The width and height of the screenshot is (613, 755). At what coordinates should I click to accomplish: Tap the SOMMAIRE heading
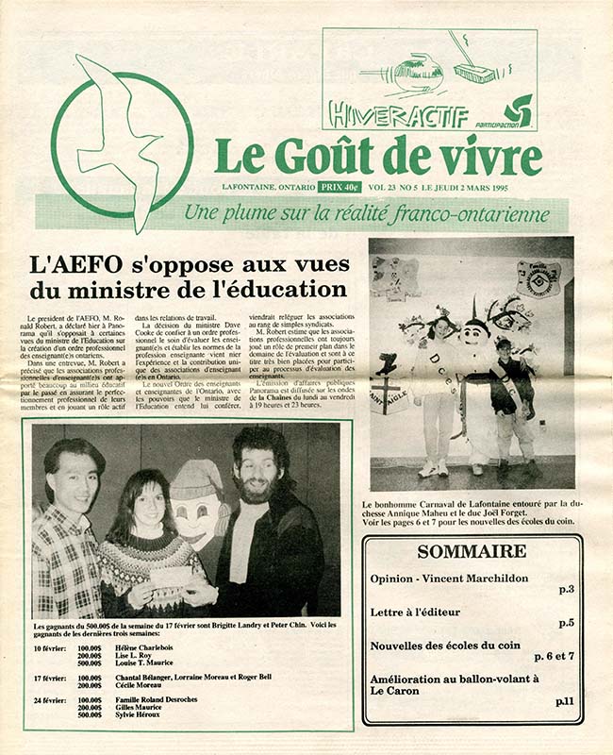tap(472, 551)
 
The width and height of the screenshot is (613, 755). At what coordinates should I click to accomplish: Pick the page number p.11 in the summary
tap(563, 700)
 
